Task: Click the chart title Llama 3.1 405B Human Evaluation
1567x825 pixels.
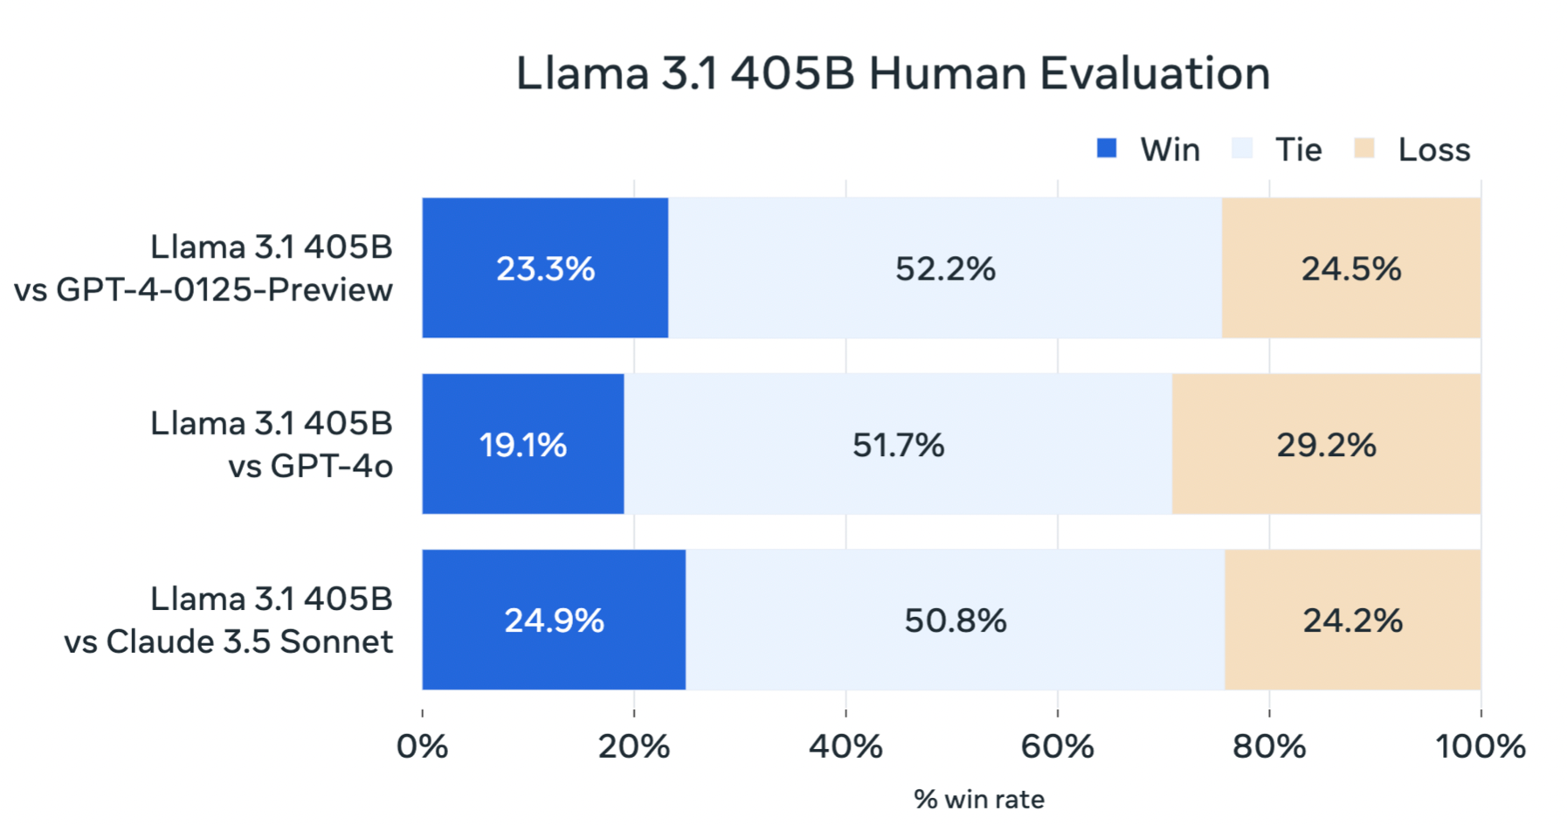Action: (x=892, y=73)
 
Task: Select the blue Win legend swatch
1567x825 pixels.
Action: (x=1107, y=149)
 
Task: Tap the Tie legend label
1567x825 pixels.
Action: (x=1298, y=150)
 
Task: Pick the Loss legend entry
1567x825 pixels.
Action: (x=1433, y=150)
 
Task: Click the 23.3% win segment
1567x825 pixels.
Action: (x=545, y=268)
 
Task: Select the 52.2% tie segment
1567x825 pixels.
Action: (x=945, y=268)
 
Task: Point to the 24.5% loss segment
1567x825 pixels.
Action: (x=1350, y=268)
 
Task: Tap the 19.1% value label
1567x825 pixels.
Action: (x=522, y=445)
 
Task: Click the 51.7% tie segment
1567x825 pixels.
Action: (x=898, y=445)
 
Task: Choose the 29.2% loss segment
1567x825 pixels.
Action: (x=1326, y=445)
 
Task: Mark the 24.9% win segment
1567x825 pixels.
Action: (x=554, y=620)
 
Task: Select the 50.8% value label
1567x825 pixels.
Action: (x=955, y=620)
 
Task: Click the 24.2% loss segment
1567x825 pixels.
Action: (x=1352, y=620)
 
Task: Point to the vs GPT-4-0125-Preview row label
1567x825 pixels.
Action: (x=203, y=290)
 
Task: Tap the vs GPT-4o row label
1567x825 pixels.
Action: (x=310, y=467)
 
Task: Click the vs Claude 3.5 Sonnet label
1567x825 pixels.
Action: (x=228, y=642)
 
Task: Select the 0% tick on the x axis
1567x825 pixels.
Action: (x=423, y=746)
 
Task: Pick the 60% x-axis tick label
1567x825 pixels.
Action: (x=1057, y=746)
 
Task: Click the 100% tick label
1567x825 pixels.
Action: (x=1480, y=746)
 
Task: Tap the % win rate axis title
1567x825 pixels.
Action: (x=978, y=799)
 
